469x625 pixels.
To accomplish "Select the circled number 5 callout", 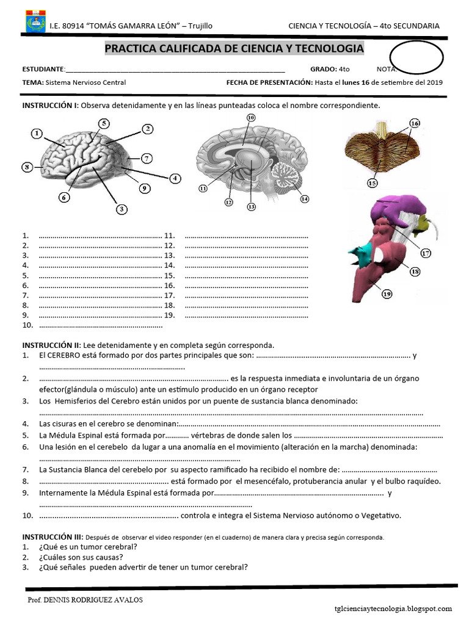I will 104,123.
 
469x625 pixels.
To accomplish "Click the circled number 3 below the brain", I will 122,209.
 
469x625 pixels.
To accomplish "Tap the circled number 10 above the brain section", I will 250,117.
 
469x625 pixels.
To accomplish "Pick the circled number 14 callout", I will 304,198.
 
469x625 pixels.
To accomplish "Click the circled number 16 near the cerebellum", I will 415,123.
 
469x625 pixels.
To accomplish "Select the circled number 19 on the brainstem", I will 387,294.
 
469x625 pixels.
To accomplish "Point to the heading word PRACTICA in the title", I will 131,49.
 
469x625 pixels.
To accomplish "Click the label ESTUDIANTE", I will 43,70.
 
